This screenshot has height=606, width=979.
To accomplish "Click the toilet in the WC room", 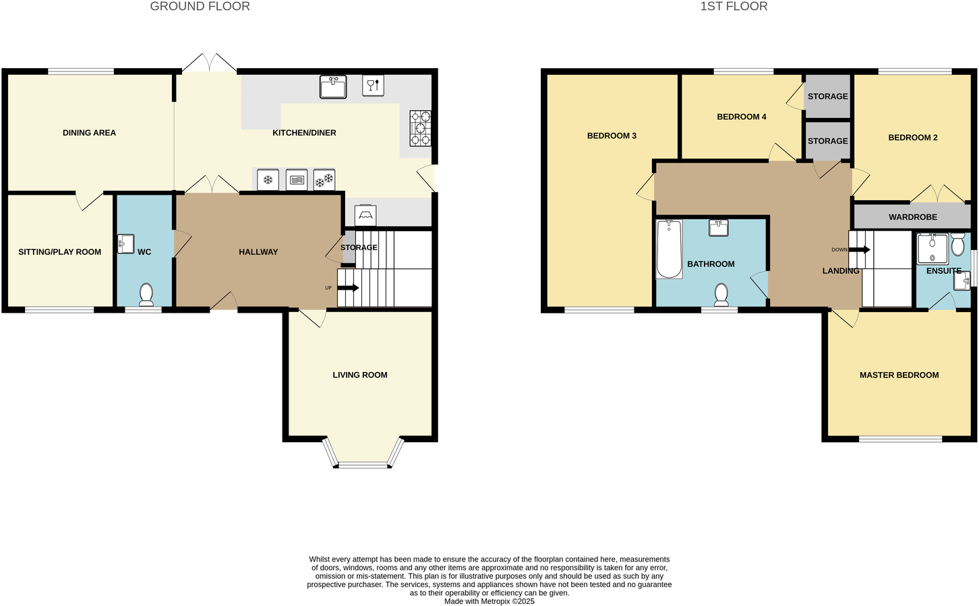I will pyautogui.click(x=146, y=293).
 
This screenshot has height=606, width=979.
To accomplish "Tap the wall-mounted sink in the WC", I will pyautogui.click(x=125, y=243).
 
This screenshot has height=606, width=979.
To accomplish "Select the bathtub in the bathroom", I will pyautogui.click(x=669, y=249).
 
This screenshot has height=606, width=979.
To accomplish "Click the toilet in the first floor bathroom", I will pyautogui.click(x=721, y=294).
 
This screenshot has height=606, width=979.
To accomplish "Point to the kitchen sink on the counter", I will pyautogui.click(x=332, y=87).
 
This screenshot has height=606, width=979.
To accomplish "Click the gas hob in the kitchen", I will pyautogui.click(x=421, y=128).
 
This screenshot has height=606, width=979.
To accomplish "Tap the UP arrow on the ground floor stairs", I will pyautogui.click(x=348, y=288).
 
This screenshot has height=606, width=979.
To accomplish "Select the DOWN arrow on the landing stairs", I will pyautogui.click(x=859, y=249).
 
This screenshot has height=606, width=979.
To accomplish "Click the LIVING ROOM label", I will pyautogui.click(x=359, y=375).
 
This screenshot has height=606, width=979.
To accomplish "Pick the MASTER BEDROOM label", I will pyautogui.click(x=899, y=375).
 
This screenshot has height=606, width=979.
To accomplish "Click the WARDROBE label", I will pyautogui.click(x=912, y=217).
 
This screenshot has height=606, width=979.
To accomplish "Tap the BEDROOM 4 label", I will pyautogui.click(x=741, y=117).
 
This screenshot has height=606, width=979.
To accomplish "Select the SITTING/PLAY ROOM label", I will pyautogui.click(x=59, y=251).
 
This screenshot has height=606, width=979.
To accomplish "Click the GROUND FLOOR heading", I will pyautogui.click(x=200, y=7).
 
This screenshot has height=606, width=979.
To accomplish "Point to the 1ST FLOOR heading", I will pyautogui.click(x=734, y=7).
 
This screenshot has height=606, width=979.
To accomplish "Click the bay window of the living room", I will pyautogui.click(x=363, y=464).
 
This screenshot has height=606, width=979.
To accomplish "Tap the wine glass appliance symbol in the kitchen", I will pyautogui.click(x=373, y=86).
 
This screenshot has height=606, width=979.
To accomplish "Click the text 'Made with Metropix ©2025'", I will pyautogui.click(x=489, y=601).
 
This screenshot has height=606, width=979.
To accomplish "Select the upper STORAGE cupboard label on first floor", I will pyautogui.click(x=827, y=96).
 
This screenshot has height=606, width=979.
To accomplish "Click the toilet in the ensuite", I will pyautogui.click(x=957, y=246).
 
